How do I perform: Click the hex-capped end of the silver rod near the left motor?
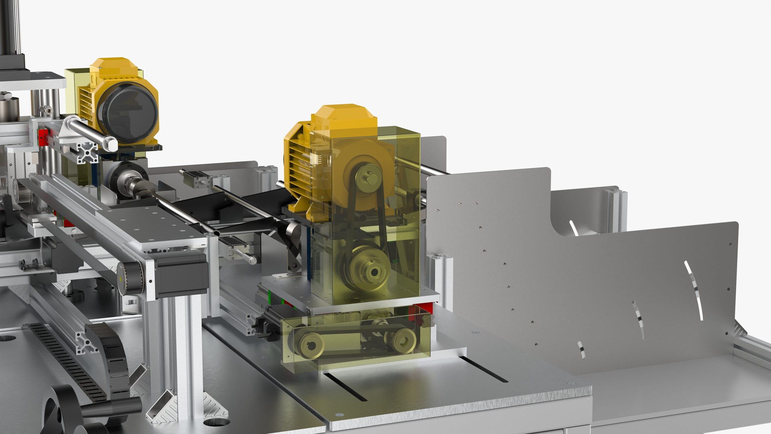pyautogui.click(x=109, y=143)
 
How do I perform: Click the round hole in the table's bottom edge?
pyautogui.click(x=217, y=422)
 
